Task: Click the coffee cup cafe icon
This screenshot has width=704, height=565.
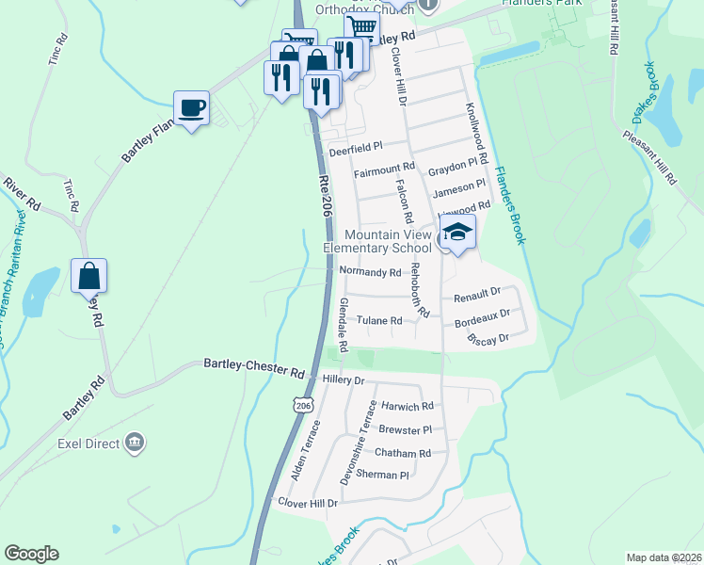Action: [x=191, y=108]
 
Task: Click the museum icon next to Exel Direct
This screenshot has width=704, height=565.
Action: [x=133, y=443]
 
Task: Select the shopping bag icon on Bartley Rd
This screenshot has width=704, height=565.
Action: [x=89, y=277]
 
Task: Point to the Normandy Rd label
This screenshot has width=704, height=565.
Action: [x=370, y=272]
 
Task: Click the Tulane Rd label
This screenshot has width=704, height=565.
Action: [x=379, y=320]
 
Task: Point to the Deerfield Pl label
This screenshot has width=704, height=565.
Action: [x=355, y=148]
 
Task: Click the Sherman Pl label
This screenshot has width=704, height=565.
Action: [x=383, y=475]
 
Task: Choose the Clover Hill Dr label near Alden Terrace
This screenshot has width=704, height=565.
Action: [x=307, y=503]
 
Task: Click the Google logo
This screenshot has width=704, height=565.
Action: [x=31, y=554]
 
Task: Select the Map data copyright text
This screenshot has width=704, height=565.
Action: [x=664, y=557]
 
